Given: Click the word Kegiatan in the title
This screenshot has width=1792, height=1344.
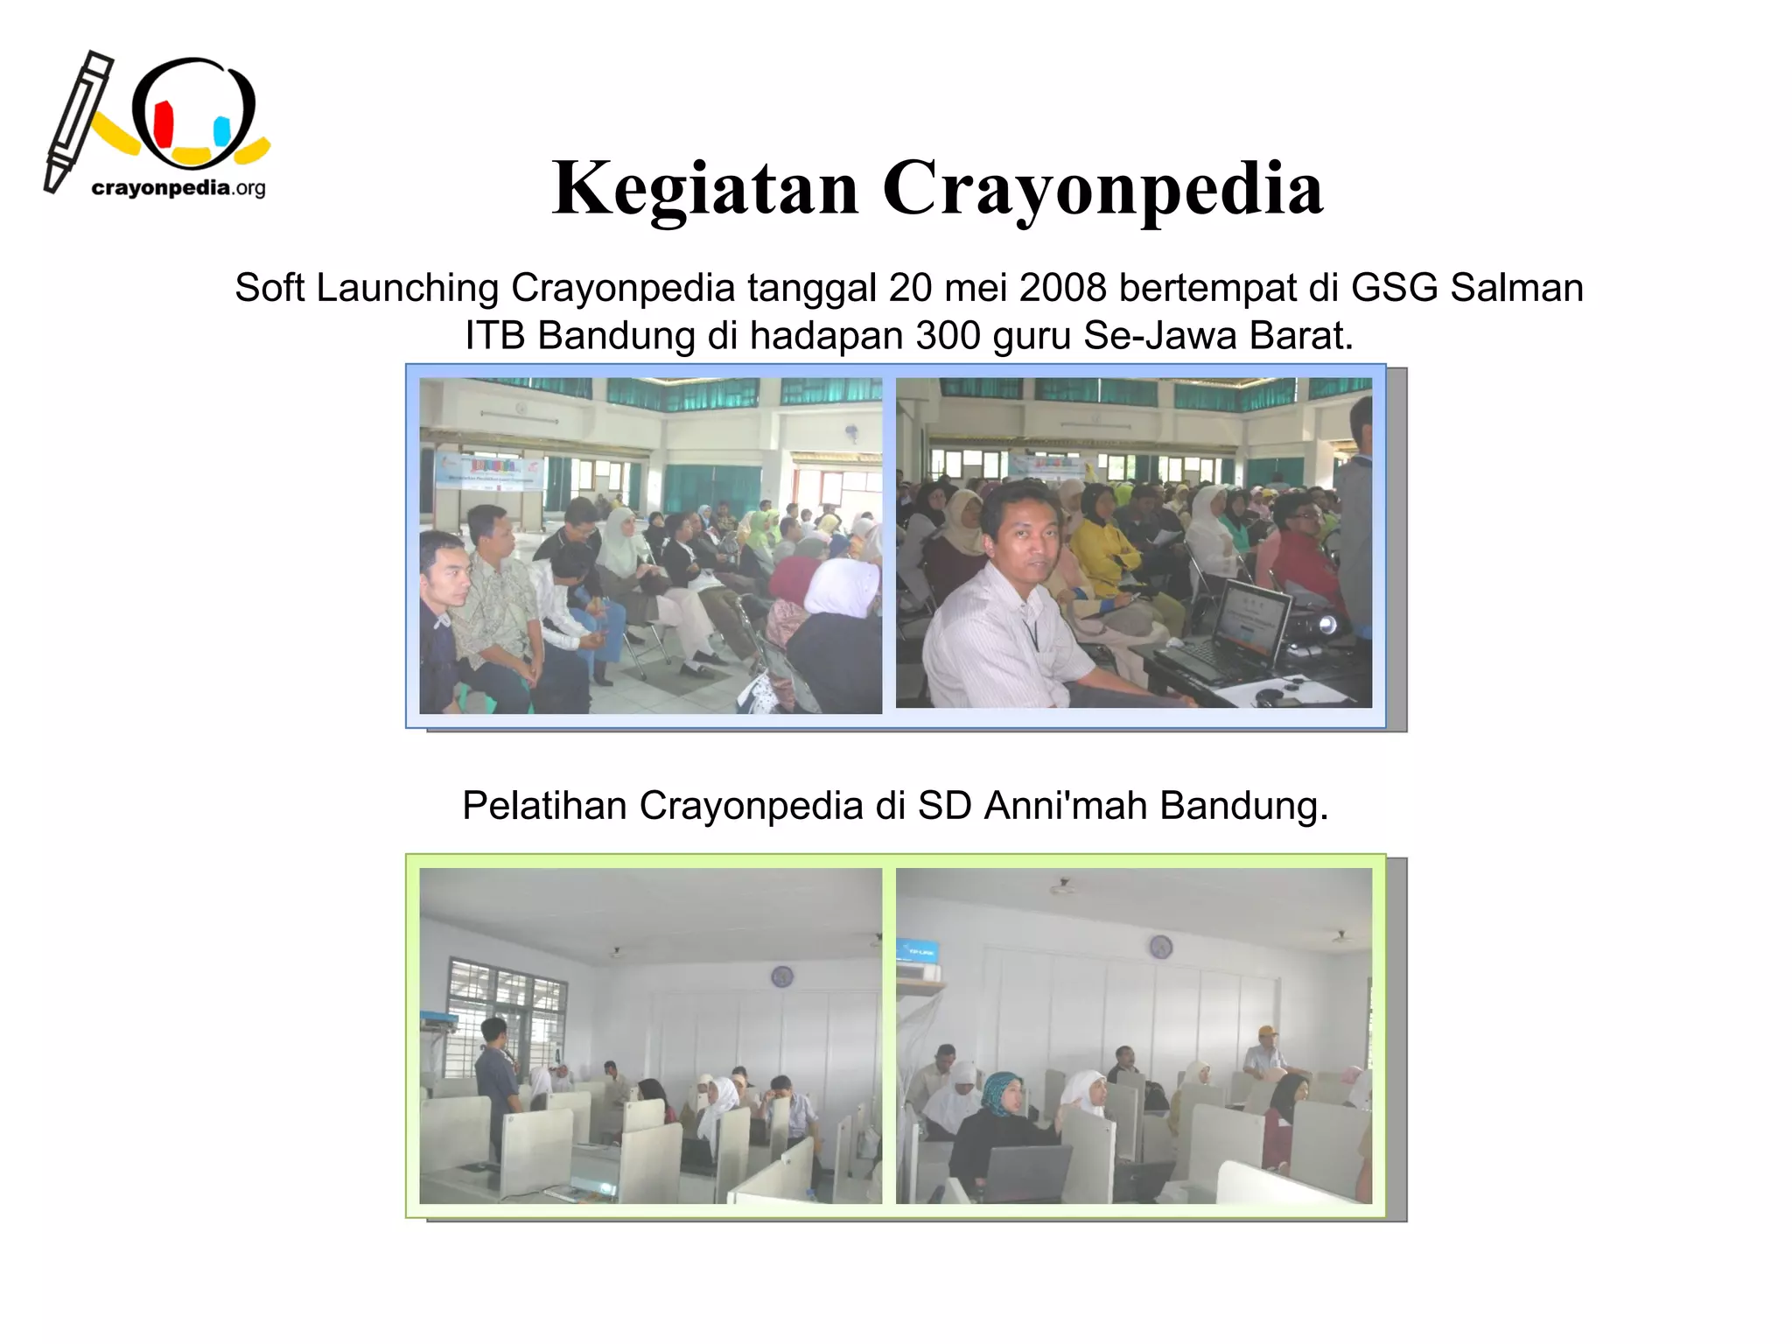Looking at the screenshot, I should pos(705,189).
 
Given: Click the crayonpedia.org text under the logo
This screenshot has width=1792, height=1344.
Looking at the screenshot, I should pos(178,188).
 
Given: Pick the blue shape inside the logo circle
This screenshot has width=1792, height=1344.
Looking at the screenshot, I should pos(222,131).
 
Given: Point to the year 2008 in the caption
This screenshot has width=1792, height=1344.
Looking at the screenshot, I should pos(1062,288).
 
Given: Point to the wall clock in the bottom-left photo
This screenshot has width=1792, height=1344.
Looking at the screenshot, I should pos(781,976).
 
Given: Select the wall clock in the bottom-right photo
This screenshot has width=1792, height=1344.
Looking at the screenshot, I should pos(1160,946).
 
